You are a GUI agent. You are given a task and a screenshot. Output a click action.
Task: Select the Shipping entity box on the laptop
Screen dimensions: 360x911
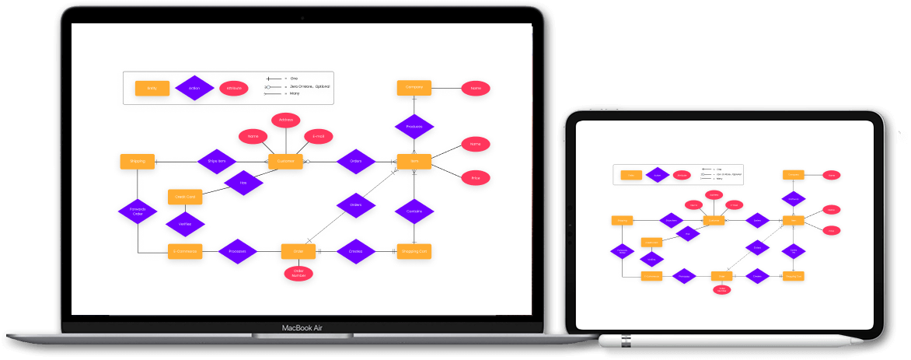(x=138, y=162)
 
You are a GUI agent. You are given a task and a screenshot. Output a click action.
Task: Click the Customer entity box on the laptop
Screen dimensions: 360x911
(x=285, y=162)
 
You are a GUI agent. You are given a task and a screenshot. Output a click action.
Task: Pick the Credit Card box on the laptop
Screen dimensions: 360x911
(x=186, y=197)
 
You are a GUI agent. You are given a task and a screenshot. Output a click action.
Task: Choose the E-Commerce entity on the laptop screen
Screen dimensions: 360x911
(x=186, y=251)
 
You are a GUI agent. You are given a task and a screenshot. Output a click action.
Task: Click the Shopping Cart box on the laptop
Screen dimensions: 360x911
(x=414, y=251)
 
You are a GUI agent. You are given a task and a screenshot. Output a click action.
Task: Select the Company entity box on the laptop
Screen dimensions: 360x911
(x=414, y=88)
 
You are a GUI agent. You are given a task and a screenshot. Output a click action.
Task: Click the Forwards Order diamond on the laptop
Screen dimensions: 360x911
(x=138, y=211)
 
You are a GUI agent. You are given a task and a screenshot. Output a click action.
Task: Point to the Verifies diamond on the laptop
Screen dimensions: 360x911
(x=186, y=224)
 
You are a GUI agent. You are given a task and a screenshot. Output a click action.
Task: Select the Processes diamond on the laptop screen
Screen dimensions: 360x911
(x=238, y=251)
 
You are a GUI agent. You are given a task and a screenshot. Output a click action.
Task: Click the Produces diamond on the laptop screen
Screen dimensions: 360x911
(x=414, y=126)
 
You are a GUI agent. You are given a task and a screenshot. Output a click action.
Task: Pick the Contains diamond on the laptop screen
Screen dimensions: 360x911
(x=414, y=211)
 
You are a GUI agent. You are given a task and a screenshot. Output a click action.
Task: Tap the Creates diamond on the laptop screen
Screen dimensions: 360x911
(x=356, y=251)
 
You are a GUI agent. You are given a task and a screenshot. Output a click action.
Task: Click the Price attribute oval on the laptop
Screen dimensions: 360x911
(x=476, y=178)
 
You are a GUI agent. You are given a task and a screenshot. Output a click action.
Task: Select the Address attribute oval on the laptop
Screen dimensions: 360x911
(x=285, y=121)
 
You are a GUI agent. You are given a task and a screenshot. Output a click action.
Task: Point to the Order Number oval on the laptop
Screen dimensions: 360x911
(x=298, y=273)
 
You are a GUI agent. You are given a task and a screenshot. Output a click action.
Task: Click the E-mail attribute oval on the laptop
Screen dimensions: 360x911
(x=319, y=136)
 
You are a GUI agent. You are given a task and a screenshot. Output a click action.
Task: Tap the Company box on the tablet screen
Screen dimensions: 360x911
(x=793, y=175)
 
